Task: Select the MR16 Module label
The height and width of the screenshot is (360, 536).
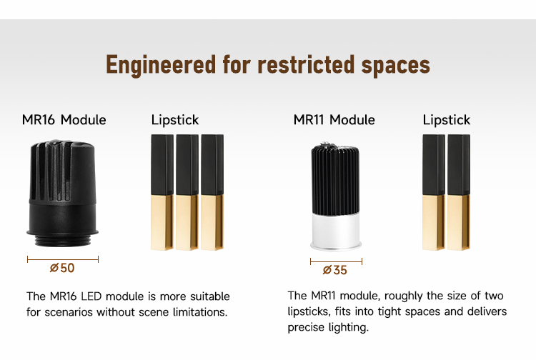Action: [x=64, y=119]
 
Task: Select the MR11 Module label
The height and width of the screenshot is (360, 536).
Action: [x=334, y=119]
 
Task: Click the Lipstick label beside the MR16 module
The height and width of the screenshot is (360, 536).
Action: [x=175, y=119]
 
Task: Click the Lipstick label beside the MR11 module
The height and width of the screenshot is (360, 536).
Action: [x=447, y=119]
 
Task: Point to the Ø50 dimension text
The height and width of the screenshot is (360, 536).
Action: [x=62, y=269]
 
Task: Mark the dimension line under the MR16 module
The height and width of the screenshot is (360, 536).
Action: [x=63, y=259]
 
